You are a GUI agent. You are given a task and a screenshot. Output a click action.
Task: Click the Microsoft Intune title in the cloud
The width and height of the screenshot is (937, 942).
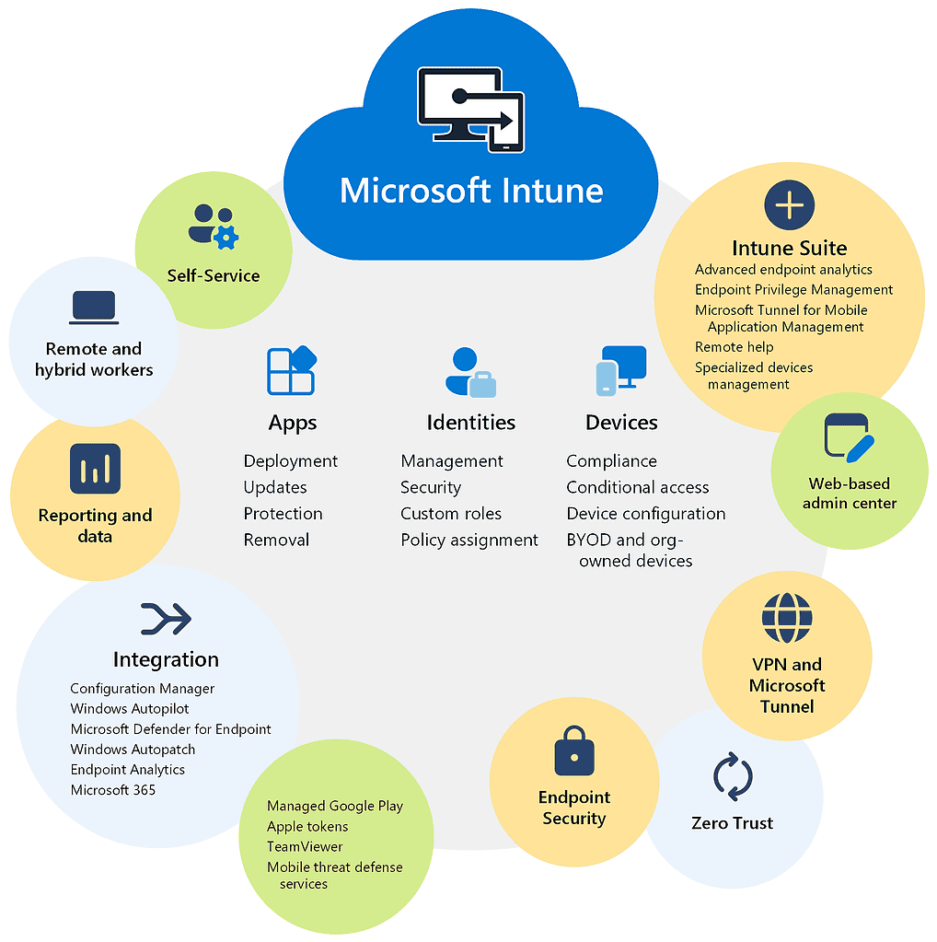[x=471, y=191]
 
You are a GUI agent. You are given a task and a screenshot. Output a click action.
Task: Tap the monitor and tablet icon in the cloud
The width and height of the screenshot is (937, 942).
[x=470, y=110]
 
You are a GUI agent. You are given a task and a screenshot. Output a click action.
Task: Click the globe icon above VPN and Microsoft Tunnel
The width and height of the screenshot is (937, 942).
[x=787, y=618]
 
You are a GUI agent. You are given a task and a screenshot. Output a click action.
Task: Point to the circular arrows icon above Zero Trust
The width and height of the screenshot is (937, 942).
[x=733, y=776]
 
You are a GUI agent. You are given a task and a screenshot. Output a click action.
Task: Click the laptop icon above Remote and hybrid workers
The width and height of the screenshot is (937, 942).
[x=94, y=308]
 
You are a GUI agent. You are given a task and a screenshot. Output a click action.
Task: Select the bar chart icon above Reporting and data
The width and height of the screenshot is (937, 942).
[x=95, y=470]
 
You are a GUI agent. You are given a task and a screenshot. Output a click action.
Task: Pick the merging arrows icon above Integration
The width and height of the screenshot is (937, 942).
[x=166, y=619]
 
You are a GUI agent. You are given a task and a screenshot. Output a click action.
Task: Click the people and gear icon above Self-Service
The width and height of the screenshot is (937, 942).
[x=214, y=227]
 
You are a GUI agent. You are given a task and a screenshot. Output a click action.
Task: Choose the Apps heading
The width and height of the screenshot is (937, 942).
[x=293, y=423]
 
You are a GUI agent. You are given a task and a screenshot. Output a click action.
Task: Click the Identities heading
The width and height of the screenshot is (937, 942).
[x=470, y=423]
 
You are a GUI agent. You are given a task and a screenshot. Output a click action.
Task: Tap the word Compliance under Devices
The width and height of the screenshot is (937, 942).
[x=611, y=460]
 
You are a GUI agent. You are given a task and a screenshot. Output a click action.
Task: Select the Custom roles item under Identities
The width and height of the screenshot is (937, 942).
[x=451, y=514]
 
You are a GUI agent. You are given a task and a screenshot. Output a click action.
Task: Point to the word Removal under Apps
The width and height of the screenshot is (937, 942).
[x=276, y=540]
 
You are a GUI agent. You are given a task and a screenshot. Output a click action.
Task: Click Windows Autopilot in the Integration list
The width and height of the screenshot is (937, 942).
[x=130, y=709]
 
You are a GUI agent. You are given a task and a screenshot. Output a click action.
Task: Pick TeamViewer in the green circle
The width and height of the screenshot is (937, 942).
[x=305, y=846]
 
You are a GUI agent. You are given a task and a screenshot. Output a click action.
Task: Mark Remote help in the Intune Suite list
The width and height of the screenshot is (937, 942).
[x=734, y=347]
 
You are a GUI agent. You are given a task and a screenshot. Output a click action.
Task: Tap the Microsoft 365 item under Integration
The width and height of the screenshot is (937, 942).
[x=113, y=790]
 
